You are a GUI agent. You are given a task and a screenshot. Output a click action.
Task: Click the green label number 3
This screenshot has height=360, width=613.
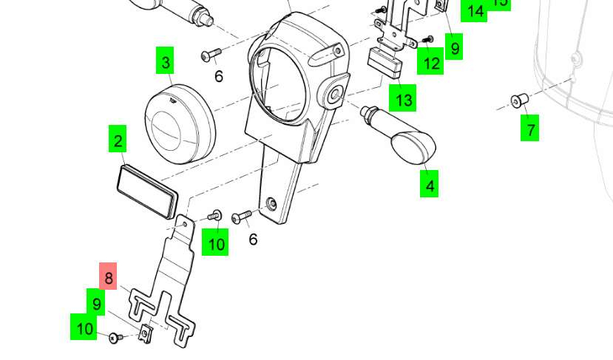pos(166,61)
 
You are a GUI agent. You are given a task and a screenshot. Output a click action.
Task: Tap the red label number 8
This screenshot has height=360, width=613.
pos(109,277)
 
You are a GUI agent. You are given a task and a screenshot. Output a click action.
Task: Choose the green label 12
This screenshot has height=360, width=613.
pos(431,62)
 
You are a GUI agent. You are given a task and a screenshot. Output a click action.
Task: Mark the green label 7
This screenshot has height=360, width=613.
pos(529,129)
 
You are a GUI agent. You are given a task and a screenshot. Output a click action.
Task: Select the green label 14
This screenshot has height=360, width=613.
pos(475,11)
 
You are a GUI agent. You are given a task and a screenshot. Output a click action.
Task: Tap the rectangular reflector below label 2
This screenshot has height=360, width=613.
pos(148,189)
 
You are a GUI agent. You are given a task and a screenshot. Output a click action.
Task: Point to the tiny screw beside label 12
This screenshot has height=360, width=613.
pos(427,39)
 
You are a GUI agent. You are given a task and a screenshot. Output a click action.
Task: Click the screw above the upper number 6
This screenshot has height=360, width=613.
pos(210,55)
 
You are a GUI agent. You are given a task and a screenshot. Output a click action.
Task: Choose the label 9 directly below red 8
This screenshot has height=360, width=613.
pos(96,303)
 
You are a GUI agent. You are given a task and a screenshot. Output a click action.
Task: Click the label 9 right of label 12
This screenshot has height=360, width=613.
pos(455,48)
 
